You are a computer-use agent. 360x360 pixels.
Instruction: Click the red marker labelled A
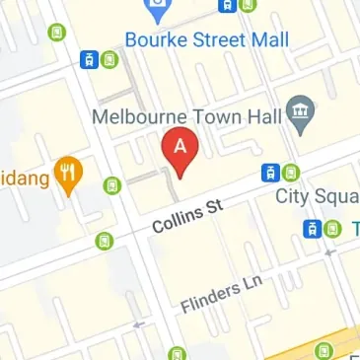click(180, 150)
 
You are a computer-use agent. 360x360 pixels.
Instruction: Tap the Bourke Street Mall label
click(207, 39)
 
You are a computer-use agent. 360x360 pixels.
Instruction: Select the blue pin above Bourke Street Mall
click(156, 11)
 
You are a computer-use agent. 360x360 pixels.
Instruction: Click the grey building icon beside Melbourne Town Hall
click(299, 114)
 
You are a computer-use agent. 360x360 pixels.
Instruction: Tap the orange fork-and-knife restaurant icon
click(69, 174)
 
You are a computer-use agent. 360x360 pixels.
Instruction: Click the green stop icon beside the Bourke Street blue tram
click(108, 59)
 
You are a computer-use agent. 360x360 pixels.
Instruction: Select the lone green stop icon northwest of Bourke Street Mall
click(56, 33)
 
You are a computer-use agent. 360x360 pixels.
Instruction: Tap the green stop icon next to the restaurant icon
click(112, 184)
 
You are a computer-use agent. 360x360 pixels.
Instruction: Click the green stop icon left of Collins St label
click(104, 240)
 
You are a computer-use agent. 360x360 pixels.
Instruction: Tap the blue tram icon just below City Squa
click(313, 228)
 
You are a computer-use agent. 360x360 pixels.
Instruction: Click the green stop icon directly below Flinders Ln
click(177, 352)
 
